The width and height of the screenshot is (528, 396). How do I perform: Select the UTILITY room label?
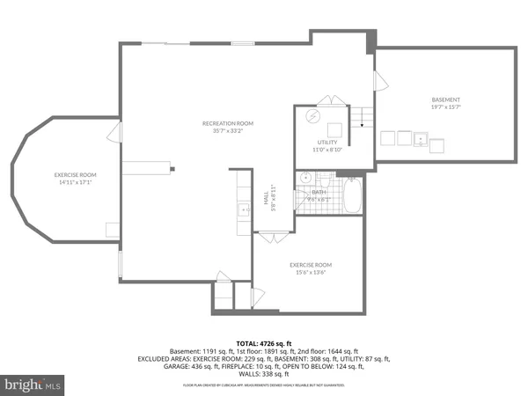(327, 142)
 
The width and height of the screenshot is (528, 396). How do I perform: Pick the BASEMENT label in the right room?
(446, 99)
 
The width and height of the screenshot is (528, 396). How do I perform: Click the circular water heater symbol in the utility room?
(312, 115)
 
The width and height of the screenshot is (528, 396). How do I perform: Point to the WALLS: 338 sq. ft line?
(263, 374)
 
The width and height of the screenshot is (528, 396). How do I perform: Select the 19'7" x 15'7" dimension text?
(446, 107)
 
